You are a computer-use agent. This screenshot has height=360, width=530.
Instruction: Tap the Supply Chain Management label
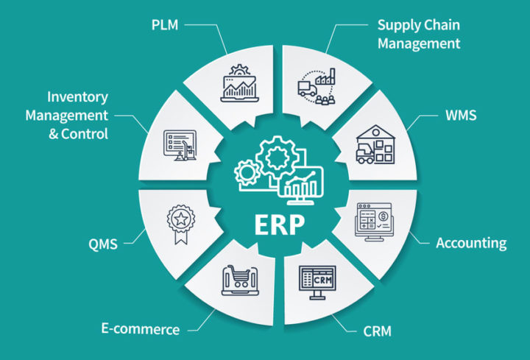click(x=418, y=34)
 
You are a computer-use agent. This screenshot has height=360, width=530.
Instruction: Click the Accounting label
click(x=471, y=243)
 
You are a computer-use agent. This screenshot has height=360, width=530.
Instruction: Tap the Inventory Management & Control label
click(x=67, y=116)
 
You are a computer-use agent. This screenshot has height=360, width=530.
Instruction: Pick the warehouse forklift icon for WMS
click(x=376, y=144)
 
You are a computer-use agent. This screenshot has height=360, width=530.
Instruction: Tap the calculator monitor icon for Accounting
click(x=376, y=219)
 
